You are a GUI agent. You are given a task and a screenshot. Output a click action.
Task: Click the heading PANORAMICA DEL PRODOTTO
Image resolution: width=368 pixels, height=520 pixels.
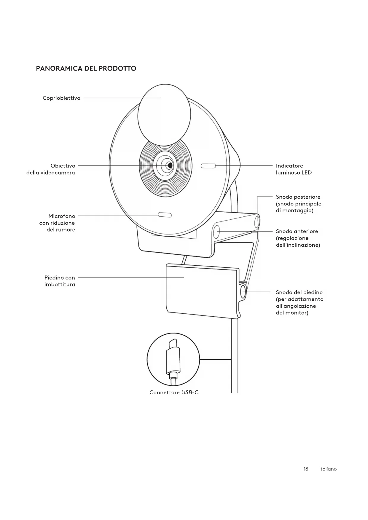pyautogui.click(x=86, y=68)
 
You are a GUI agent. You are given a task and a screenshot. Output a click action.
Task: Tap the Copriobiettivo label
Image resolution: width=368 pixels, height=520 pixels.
pyautogui.click(x=61, y=98)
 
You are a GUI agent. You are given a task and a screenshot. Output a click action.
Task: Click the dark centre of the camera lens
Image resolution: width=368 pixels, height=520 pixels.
pyautogui.click(x=170, y=165)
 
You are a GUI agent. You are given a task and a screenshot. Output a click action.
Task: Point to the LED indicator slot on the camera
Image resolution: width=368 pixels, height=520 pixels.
pyautogui.click(x=208, y=166)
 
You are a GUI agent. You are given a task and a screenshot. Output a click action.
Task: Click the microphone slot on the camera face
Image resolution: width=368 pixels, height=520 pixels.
pyautogui.click(x=165, y=215)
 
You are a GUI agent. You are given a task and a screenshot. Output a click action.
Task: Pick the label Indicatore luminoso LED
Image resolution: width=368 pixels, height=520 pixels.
pyautogui.click(x=294, y=169)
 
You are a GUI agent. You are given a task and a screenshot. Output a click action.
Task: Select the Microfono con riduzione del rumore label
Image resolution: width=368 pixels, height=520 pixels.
pyautogui.click(x=58, y=223)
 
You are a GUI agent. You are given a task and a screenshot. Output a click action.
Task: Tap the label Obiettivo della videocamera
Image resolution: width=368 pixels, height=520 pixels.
pyautogui.click(x=51, y=169)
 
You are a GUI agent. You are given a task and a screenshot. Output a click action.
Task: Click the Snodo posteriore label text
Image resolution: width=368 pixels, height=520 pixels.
pyautogui.click(x=298, y=204)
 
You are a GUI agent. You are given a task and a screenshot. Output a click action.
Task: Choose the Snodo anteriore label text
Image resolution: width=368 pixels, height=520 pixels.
pyautogui.click(x=298, y=238)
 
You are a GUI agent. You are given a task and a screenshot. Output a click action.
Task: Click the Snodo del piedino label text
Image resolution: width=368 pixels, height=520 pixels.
pyautogui.click(x=300, y=302)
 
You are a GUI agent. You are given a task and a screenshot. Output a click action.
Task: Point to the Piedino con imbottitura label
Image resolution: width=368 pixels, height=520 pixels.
pyautogui.click(x=60, y=281)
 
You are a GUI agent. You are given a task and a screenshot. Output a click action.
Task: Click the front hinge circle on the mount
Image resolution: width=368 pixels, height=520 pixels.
pyautogui.click(x=216, y=232)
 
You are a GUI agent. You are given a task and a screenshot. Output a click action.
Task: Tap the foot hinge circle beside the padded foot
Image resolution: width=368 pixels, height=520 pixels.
pyautogui.click(x=243, y=292)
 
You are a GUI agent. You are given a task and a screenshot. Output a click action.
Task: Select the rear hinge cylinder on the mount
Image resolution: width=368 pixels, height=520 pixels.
pyautogui.click(x=257, y=221)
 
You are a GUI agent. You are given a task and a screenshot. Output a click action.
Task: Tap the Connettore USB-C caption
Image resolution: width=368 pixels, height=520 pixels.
pyautogui.click(x=174, y=393)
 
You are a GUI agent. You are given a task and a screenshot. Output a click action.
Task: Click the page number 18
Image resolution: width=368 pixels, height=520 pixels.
pyautogui.click(x=306, y=469)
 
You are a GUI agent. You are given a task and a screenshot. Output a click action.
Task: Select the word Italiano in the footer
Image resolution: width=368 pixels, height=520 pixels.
pyautogui.click(x=328, y=469)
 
